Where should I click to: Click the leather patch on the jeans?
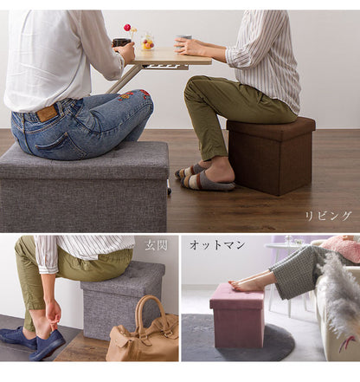pos(46,113)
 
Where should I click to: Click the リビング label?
pos(328,216)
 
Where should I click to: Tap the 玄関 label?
pos(156,245)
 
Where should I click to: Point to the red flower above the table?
pos(128,28)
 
